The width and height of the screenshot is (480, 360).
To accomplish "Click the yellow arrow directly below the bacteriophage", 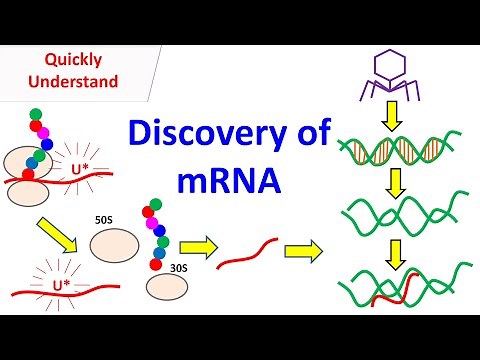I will pyautogui.click(x=391, y=115).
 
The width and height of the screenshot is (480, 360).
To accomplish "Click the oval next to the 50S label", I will pyautogui.click(x=114, y=244).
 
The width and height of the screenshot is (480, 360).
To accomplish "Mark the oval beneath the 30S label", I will pyautogui.click(x=165, y=290).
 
